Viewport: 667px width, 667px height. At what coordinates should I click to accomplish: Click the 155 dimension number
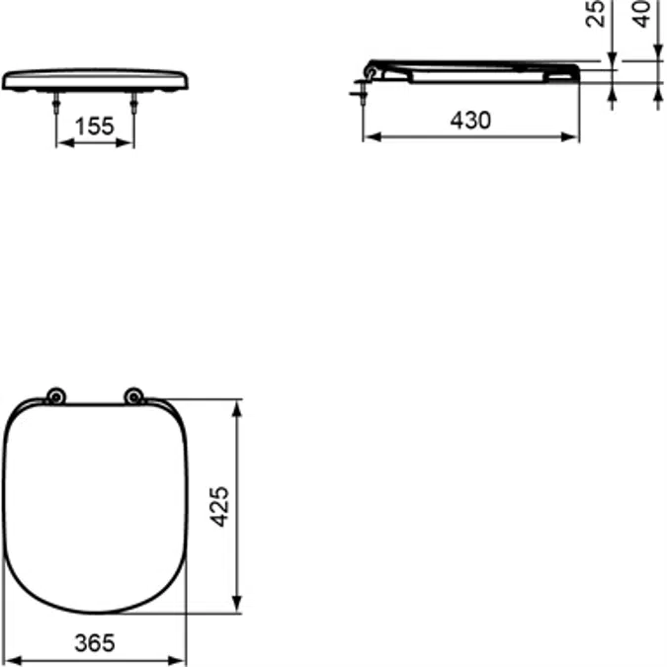point(94,125)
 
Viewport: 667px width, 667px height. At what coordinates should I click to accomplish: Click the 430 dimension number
point(470,121)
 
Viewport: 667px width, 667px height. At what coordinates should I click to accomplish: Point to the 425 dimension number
point(220,505)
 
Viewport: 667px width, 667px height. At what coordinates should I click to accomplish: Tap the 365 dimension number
point(95,643)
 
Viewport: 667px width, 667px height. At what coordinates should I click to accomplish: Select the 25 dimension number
point(596,14)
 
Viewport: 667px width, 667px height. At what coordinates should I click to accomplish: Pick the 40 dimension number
point(642,14)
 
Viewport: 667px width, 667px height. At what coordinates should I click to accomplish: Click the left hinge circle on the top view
point(56,396)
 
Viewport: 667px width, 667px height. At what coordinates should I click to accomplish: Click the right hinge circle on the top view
point(132,396)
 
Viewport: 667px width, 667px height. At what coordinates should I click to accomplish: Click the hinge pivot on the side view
point(372,69)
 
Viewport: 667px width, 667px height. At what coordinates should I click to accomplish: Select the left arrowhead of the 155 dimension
point(62,142)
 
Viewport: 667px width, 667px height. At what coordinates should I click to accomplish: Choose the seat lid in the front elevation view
point(94,78)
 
